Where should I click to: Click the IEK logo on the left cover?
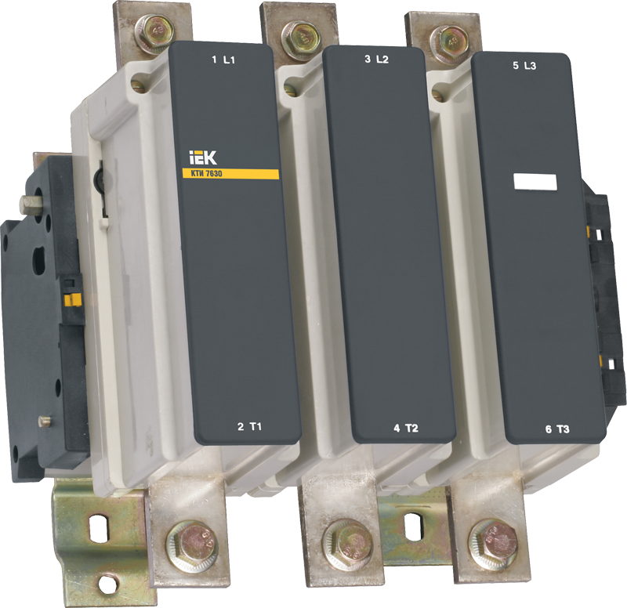pos(203,157)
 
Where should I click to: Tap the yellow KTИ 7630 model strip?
pos(230,173)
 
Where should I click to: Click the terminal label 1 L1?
pos(223,60)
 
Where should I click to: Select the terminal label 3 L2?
pos(376,60)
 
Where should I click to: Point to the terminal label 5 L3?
pos(524,66)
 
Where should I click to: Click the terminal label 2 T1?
pos(249,427)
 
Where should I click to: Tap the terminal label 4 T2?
pos(406,429)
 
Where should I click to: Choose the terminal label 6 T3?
pos(557,429)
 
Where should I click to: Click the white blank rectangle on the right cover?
pos(535,182)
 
